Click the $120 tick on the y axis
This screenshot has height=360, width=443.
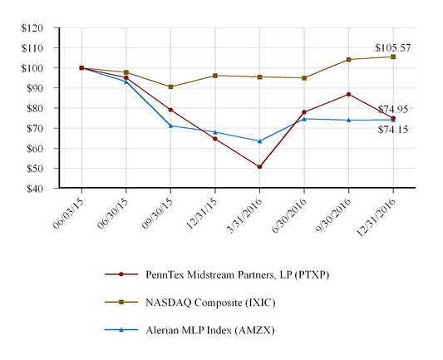[x=32, y=27]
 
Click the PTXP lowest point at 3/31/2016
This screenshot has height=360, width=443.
[x=259, y=167]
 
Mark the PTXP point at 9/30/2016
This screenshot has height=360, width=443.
[x=348, y=94]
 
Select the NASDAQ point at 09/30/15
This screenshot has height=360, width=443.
[x=170, y=86]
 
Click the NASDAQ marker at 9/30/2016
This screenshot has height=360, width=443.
[x=348, y=60]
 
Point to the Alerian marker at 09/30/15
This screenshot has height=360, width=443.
[x=170, y=126]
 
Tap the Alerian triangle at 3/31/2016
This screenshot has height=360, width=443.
[x=259, y=141]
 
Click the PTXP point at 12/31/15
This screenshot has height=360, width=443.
[x=214, y=139]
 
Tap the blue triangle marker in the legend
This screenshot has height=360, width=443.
[x=121, y=330]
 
